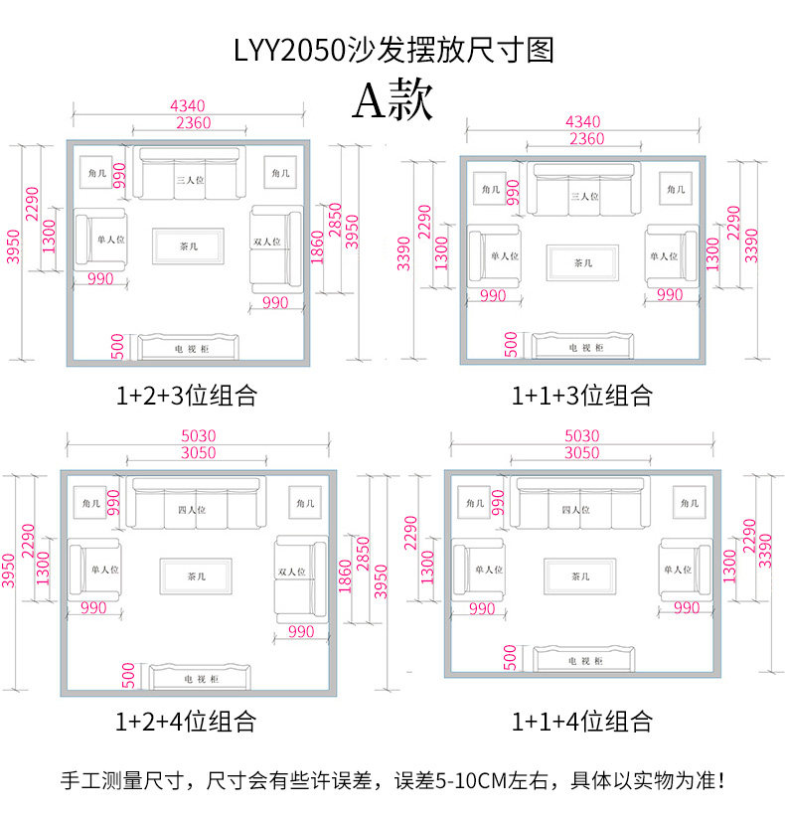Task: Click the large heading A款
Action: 392,100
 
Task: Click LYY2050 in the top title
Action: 289,51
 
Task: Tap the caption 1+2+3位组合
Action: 187,395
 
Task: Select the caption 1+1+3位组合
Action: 582,395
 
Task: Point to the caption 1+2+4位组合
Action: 186,722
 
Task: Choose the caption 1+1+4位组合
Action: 582,722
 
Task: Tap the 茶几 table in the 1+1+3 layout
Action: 582,262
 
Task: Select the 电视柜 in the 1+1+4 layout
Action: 583,659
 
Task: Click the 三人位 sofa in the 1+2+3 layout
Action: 190,173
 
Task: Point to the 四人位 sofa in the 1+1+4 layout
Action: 579,503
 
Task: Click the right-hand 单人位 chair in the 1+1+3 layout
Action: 672,255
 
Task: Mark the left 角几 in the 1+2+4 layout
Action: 90,503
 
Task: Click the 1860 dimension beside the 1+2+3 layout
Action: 317,246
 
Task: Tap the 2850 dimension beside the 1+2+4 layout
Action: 363,554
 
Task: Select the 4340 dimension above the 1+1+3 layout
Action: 583,121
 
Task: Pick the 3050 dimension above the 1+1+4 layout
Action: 582,452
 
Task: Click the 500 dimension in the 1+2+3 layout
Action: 117,347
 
